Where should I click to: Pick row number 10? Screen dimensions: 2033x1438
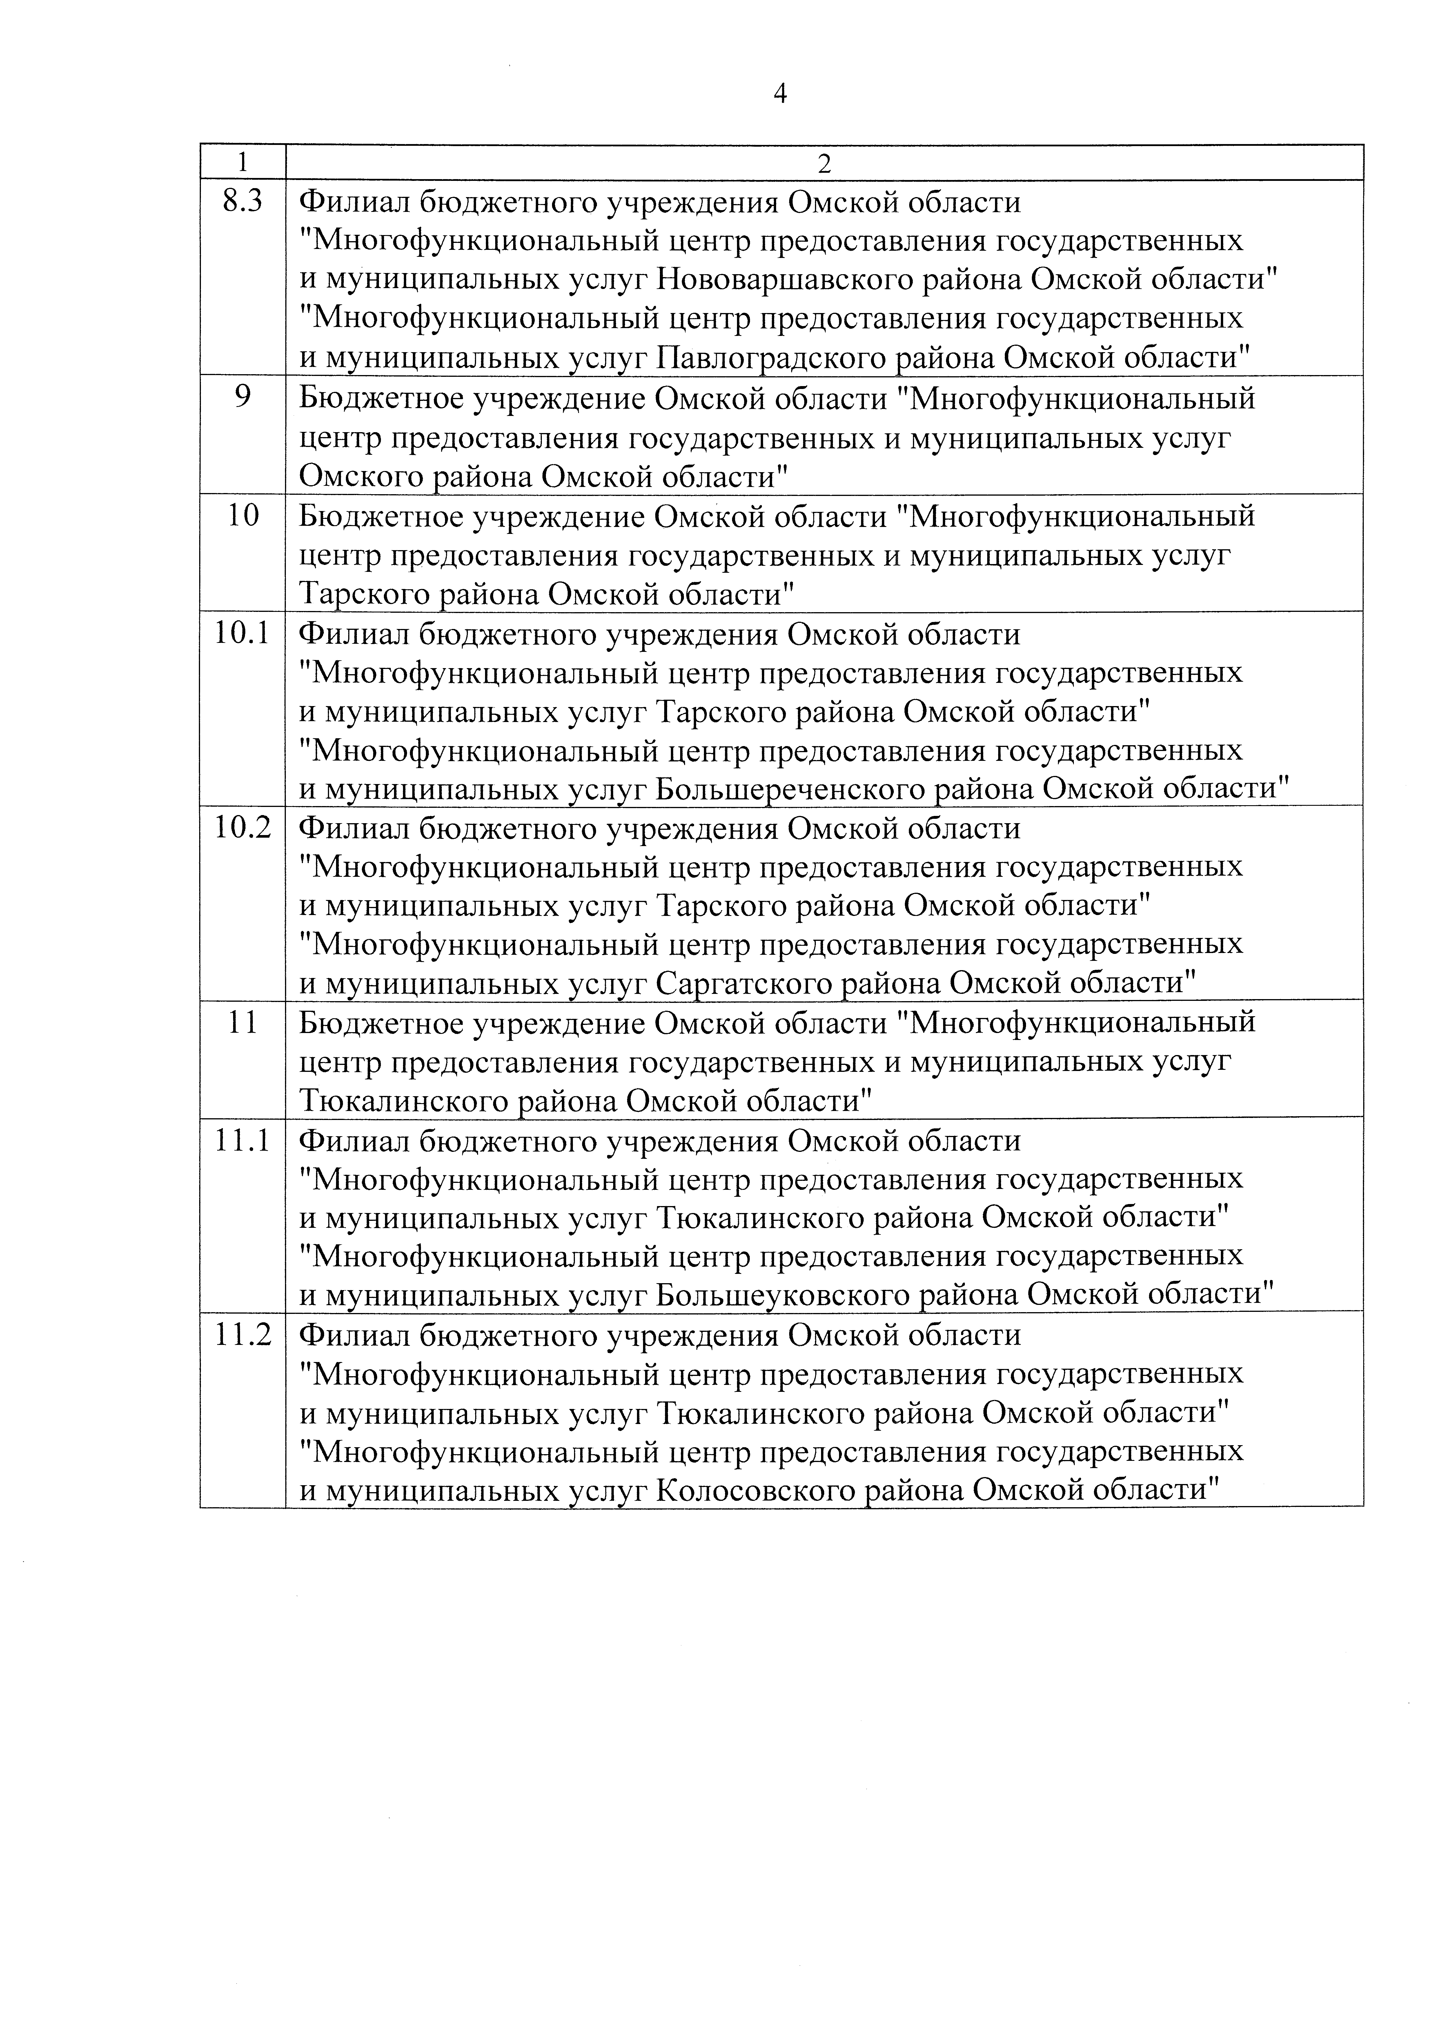(242, 515)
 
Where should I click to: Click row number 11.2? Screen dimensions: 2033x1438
(242, 1334)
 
